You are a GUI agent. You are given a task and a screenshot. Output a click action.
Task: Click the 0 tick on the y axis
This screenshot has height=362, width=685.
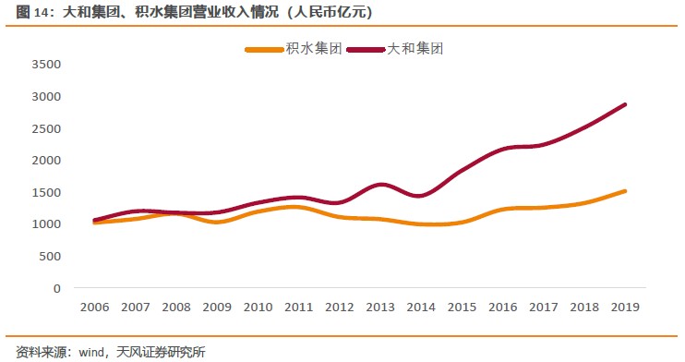tap(56, 288)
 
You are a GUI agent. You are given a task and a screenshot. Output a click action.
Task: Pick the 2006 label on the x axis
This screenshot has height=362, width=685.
tap(93, 307)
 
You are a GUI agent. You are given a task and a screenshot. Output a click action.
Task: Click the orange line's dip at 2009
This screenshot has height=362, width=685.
tap(216, 223)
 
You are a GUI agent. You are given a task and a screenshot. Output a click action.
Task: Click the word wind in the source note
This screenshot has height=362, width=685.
tap(91, 351)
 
